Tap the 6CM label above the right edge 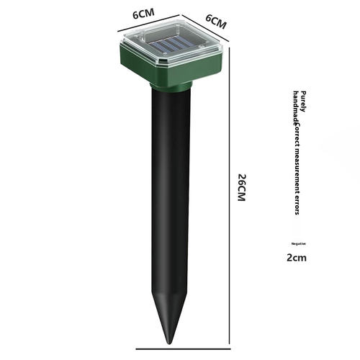tap(216, 21)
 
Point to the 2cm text tap(297, 257)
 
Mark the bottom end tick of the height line tap(230, 345)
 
